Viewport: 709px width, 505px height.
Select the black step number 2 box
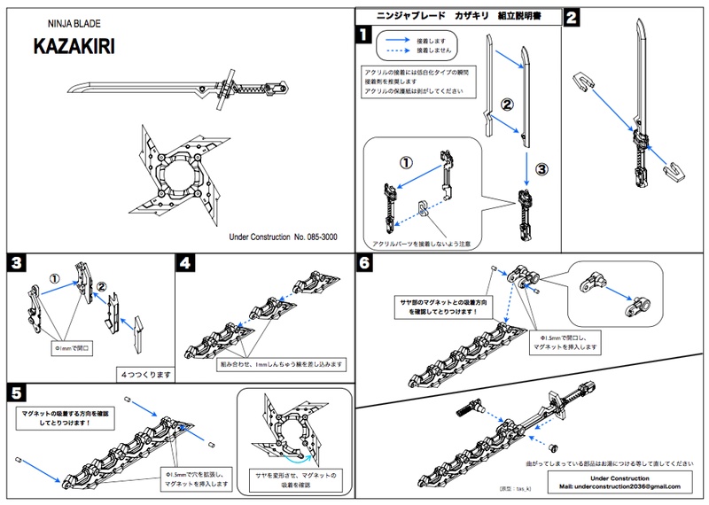pyautogui.click(x=573, y=18)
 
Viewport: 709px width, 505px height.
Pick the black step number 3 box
pyautogui.click(x=16, y=263)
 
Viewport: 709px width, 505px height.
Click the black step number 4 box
pyautogui.click(x=184, y=263)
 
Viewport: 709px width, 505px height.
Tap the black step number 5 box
pyautogui.click(x=16, y=391)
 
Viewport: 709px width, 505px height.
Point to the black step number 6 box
pyautogui.click(x=362, y=263)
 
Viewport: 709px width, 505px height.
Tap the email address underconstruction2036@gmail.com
pyautogui.click(x=619, y=486)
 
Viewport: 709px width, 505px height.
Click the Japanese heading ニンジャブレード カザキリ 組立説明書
pyautogui.click(x=457, y=16)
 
